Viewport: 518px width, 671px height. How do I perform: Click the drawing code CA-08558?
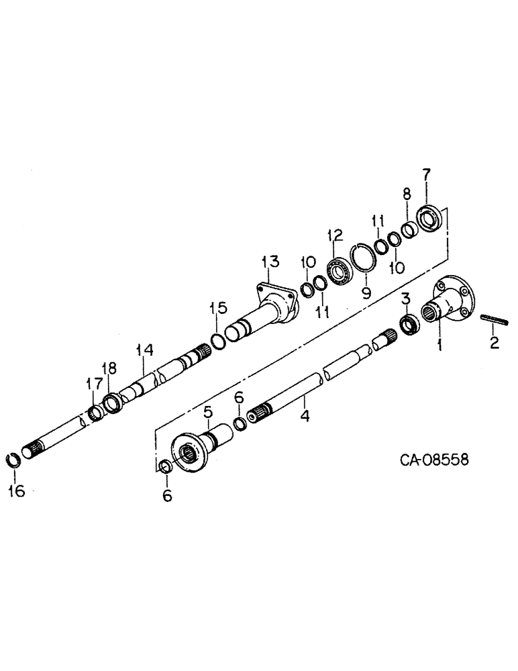(433, 460)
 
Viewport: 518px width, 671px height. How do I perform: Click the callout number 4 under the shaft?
(305, 416)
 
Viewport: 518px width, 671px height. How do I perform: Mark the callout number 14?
(144, 350)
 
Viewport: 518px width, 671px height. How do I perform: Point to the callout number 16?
(16, 491)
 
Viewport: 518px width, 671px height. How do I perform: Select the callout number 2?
(495, 344)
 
